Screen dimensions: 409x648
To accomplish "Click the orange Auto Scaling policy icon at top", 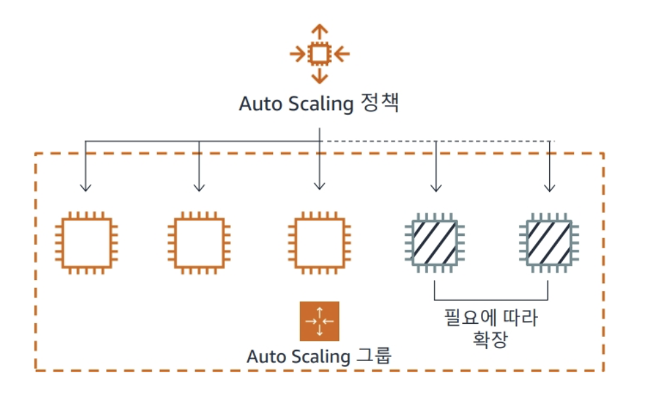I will (x=319, y=54).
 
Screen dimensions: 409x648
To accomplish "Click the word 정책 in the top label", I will (x=379, y=104).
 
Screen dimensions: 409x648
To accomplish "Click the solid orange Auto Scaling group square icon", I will (x=319, y=321).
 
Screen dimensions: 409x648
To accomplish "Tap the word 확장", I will (x=490, y=340).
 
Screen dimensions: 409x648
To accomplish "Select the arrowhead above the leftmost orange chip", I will (x=85, y=187).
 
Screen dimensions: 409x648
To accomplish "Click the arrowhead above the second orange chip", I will (x=198, y=187).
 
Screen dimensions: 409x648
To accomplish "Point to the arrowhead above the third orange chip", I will (x=319, y=186).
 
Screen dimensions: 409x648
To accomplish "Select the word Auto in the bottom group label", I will (x=265, y=357).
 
